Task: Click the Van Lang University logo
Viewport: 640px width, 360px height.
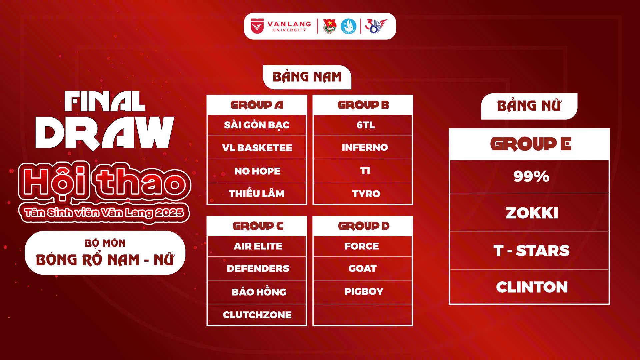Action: point(281,26)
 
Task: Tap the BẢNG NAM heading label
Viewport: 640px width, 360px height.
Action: point(307,77)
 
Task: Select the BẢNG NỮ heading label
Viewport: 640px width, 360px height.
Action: point(529,106)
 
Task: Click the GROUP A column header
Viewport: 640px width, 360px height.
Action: point(257,105)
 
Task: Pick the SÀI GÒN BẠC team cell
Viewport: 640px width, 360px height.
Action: point(257,125)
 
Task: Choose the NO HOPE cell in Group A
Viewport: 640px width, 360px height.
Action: point(257,171)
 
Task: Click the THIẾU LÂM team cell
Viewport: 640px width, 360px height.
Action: point(257,194)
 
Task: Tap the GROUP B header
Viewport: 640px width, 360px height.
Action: point(363,105)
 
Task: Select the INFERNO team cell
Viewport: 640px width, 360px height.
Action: point(363,147)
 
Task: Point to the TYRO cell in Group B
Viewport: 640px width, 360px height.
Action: point(363,194)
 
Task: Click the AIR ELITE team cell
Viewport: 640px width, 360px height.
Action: point(257,246)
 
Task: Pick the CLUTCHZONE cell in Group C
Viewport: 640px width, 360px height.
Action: point(257,315)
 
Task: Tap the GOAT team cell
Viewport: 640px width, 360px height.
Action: point(363,268)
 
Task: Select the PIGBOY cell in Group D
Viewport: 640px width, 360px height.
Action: point(363,292)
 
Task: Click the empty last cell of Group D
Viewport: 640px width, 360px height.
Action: point(363,315)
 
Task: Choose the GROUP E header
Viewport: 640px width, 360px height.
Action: point(529,144)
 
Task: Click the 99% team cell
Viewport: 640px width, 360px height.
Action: point(529,176)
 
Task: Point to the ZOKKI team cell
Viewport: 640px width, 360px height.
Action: point(529,213)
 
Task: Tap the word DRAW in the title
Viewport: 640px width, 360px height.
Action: point(105,133)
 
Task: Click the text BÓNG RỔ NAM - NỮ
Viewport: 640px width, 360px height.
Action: point(105,260)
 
